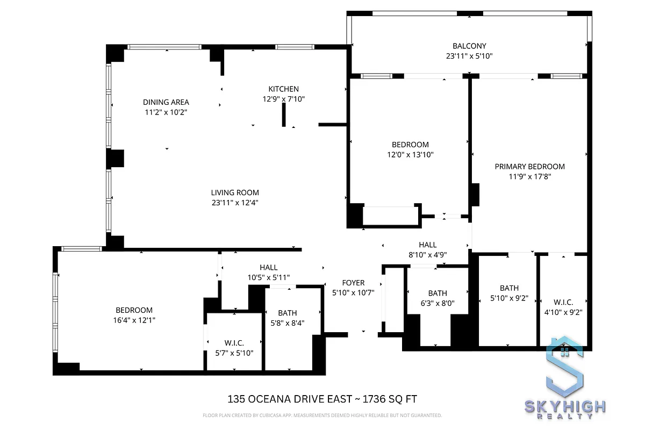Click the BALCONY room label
[x=469, y=46]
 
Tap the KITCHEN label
[x=283, y=89]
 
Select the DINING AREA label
[x=166, y=103]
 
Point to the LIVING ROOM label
[x=235, y=193]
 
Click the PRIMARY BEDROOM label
[x=529, y=167]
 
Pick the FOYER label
[x=353, y=283]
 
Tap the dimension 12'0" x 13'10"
[x=410, y=155]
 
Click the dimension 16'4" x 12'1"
[x=134, y=320]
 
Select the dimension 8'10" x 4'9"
[x=428, y=255]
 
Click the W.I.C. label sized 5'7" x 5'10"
[x=234, y=343]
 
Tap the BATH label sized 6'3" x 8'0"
[x=437, y=293]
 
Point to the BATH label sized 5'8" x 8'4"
[x=287, y=313]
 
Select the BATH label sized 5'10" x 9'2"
[x=509, y=289]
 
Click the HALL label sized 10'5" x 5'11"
[x=268, y=268]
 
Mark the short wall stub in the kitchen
[x=284, y=114]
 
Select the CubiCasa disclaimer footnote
[x=322, y=415]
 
